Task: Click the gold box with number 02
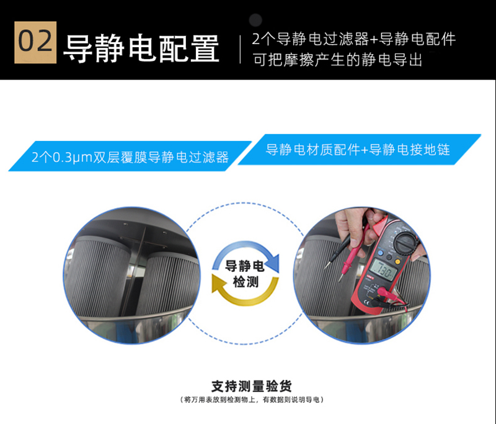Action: (x=35, y=42)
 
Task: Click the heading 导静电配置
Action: (x=141, y=48)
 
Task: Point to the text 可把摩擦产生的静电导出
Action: (x=337, y=60)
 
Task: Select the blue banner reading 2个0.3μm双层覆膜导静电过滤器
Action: (x=130, y=156)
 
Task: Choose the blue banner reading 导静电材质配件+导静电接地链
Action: (x=360, y=150)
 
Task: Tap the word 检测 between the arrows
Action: (x=246, y=281)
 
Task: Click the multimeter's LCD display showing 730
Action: (x=383, y=270)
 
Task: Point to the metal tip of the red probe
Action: (x=341, y=278)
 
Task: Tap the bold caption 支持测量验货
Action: (x=252, y=386)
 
